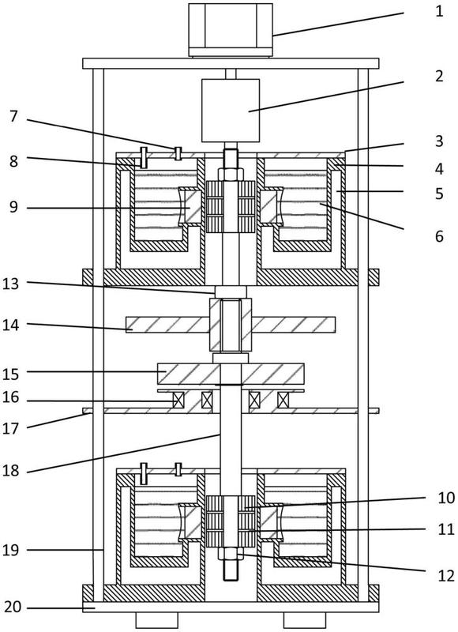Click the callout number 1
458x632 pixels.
click(439, 11)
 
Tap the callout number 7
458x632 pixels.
click(13, 117)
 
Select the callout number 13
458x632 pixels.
click(11, 284)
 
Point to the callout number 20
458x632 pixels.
click(13, 607)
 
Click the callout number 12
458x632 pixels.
click(446, 576)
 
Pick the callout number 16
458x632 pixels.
click(11, 397)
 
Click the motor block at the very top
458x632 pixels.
click(231, 30)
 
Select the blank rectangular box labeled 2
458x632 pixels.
click(231, 111)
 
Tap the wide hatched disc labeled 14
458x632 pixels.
click(231, 325)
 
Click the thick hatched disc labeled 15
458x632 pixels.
click(231, 374)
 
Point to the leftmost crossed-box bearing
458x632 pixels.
click(178, 400)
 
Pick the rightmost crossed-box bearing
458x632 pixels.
click(283, 400)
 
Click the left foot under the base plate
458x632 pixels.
click(156, 620)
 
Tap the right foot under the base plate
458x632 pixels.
click(305, 620)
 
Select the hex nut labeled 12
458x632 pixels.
click(231, 554)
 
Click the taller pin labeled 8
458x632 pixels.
click(143, 158)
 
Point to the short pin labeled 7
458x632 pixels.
click(178, 153)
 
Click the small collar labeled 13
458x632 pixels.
click(231, 292)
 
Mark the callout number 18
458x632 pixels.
click(11, 470)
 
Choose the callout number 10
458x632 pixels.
click(446, 498)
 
